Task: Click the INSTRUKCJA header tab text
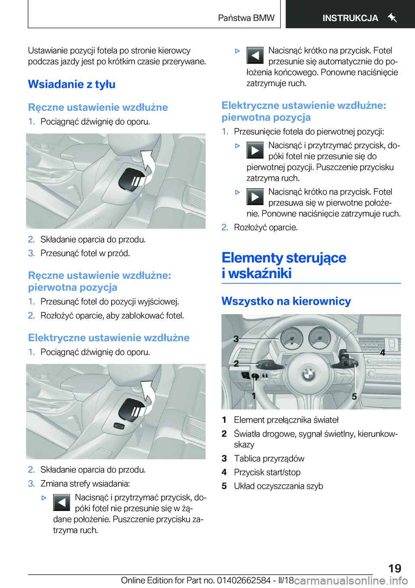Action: coord(350,18)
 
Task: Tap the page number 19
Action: coord(394,568)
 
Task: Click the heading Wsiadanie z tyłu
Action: coord(72,84)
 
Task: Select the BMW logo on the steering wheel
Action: coord(308,374)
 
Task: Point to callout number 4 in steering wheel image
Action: coord(382,353)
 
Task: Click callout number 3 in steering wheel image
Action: coord(236,339)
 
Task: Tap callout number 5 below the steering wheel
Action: coord(354,396)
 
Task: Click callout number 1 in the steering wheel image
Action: coord(254,395)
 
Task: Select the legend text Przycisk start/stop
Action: coord(267,472)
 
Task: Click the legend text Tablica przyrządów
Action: coord(269,458)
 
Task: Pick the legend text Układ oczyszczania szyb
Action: coord(278,486)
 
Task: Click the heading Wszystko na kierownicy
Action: coord(286,301)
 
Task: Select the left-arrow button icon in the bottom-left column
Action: coord(62,503)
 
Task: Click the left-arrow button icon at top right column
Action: coord(255,56)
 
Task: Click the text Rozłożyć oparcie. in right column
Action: coord(265,228)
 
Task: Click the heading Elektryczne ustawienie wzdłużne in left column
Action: coord(109,338)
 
